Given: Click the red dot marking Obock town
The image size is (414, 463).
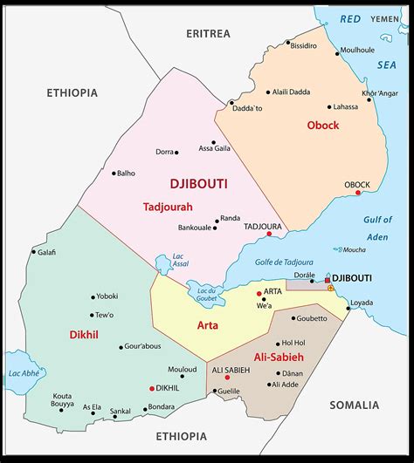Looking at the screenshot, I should pyautogui.click(x=358, y=193).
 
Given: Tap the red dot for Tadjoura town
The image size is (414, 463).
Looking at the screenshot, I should pyautogui.click(x=269, y=234).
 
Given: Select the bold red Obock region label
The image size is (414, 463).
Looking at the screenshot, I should pyautogui.click(x=322, y=126).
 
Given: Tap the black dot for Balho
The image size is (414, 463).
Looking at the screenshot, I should pyautogui.click(x=114, y=173).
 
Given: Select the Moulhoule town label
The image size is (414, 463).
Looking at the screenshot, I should pyautogui.click(x=357, y=50).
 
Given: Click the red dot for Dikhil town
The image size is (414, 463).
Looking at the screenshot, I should pyautogui.click(x=152, y=388).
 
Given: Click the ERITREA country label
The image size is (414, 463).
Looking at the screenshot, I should pyautogui.click(x=208, y=33).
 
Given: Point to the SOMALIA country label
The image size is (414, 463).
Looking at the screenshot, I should pyautogui.click(x=355, y=405).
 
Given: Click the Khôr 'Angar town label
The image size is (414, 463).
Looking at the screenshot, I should pyautogui.click(x=381, y=93).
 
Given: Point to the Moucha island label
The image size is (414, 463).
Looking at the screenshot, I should pyautogui.click(x=354, y=250).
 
